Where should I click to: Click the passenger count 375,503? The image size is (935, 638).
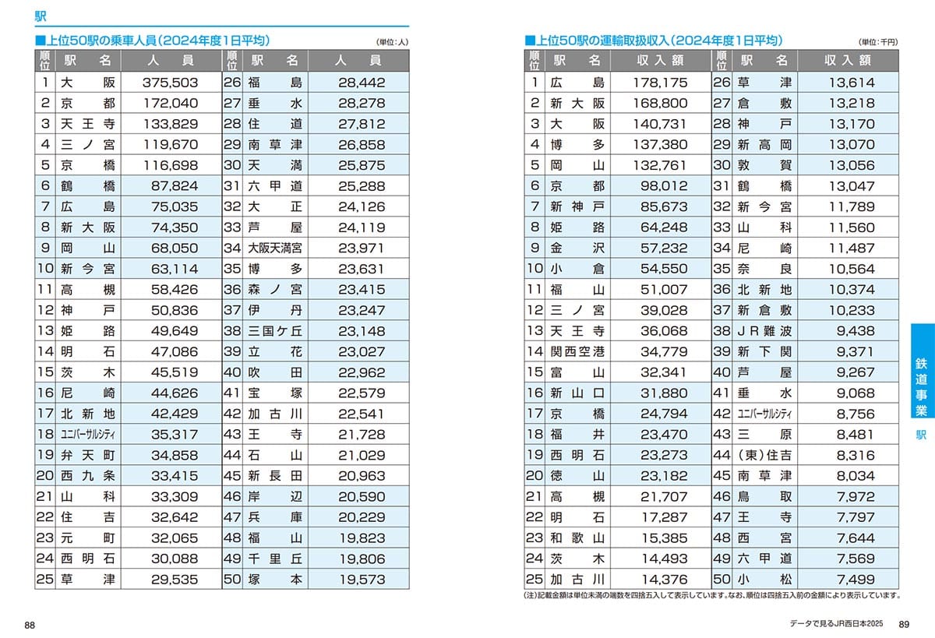[x=171, y=82]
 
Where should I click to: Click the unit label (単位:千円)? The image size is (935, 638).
[x=878, y=42]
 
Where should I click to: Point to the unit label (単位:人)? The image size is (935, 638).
[x=392, y=42]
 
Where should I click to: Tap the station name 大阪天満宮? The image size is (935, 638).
[x=275, y=248]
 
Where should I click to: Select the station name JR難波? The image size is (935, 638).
[x=764, y=331]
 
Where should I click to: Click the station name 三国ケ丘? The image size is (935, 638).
[x=275, y=331]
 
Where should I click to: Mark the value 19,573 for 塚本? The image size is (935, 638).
[x=362, y=580]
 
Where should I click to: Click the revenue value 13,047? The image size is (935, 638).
[x=851, y=185]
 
